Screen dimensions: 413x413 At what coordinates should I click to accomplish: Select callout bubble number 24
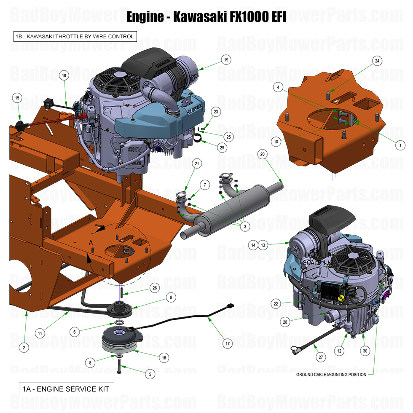pos(377,61)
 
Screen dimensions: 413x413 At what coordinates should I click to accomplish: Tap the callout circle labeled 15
pos(17,98)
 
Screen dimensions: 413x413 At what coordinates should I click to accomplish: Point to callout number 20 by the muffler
pos(262,155)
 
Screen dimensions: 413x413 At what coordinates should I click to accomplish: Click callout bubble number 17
pos(228,343)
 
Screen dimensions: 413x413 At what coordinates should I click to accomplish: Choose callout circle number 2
pos(24,348)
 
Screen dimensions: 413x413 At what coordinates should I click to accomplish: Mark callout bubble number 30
pos(365,350)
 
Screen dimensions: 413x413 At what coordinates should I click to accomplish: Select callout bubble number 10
pos(276,142)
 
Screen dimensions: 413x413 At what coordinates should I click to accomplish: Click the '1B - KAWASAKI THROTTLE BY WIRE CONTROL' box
pos(75,37)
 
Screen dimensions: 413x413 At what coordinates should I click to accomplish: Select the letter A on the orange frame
pos(91,243)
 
